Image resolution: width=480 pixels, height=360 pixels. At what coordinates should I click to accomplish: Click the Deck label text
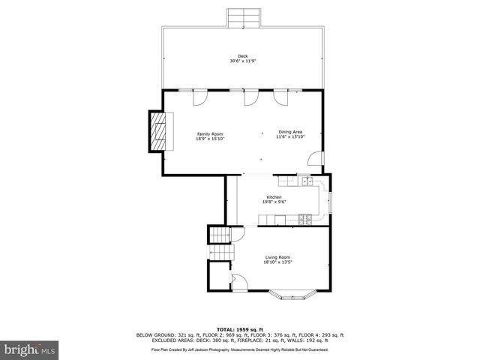click(242, 56)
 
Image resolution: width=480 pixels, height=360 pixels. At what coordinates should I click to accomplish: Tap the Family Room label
click(210, 133)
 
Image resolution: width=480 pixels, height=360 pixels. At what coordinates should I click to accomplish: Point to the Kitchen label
click(274, 197)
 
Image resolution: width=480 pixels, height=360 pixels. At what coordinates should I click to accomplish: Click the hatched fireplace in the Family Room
click(157, 131)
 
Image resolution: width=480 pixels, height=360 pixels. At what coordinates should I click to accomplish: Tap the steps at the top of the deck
click(243, 17)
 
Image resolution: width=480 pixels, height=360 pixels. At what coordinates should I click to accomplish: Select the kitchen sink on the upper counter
click(307, 181)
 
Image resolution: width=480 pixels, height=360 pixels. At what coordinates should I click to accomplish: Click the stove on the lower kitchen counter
click(305, 219)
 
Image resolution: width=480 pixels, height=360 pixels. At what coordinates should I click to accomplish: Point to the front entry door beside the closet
click(239, 283)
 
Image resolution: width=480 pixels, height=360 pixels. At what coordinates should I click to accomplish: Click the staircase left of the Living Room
click(220, 237)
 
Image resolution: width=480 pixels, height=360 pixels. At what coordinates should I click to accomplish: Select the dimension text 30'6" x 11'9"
click(242, 61)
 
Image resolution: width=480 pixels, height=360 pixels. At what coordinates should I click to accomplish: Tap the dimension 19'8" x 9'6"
click(274, 202)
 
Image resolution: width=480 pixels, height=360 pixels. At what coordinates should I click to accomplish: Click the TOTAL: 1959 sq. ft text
click(240, 329)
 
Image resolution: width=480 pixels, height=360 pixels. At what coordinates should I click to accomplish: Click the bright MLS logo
click(30, 349)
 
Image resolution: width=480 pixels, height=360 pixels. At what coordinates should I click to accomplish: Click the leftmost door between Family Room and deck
click(200, 96)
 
